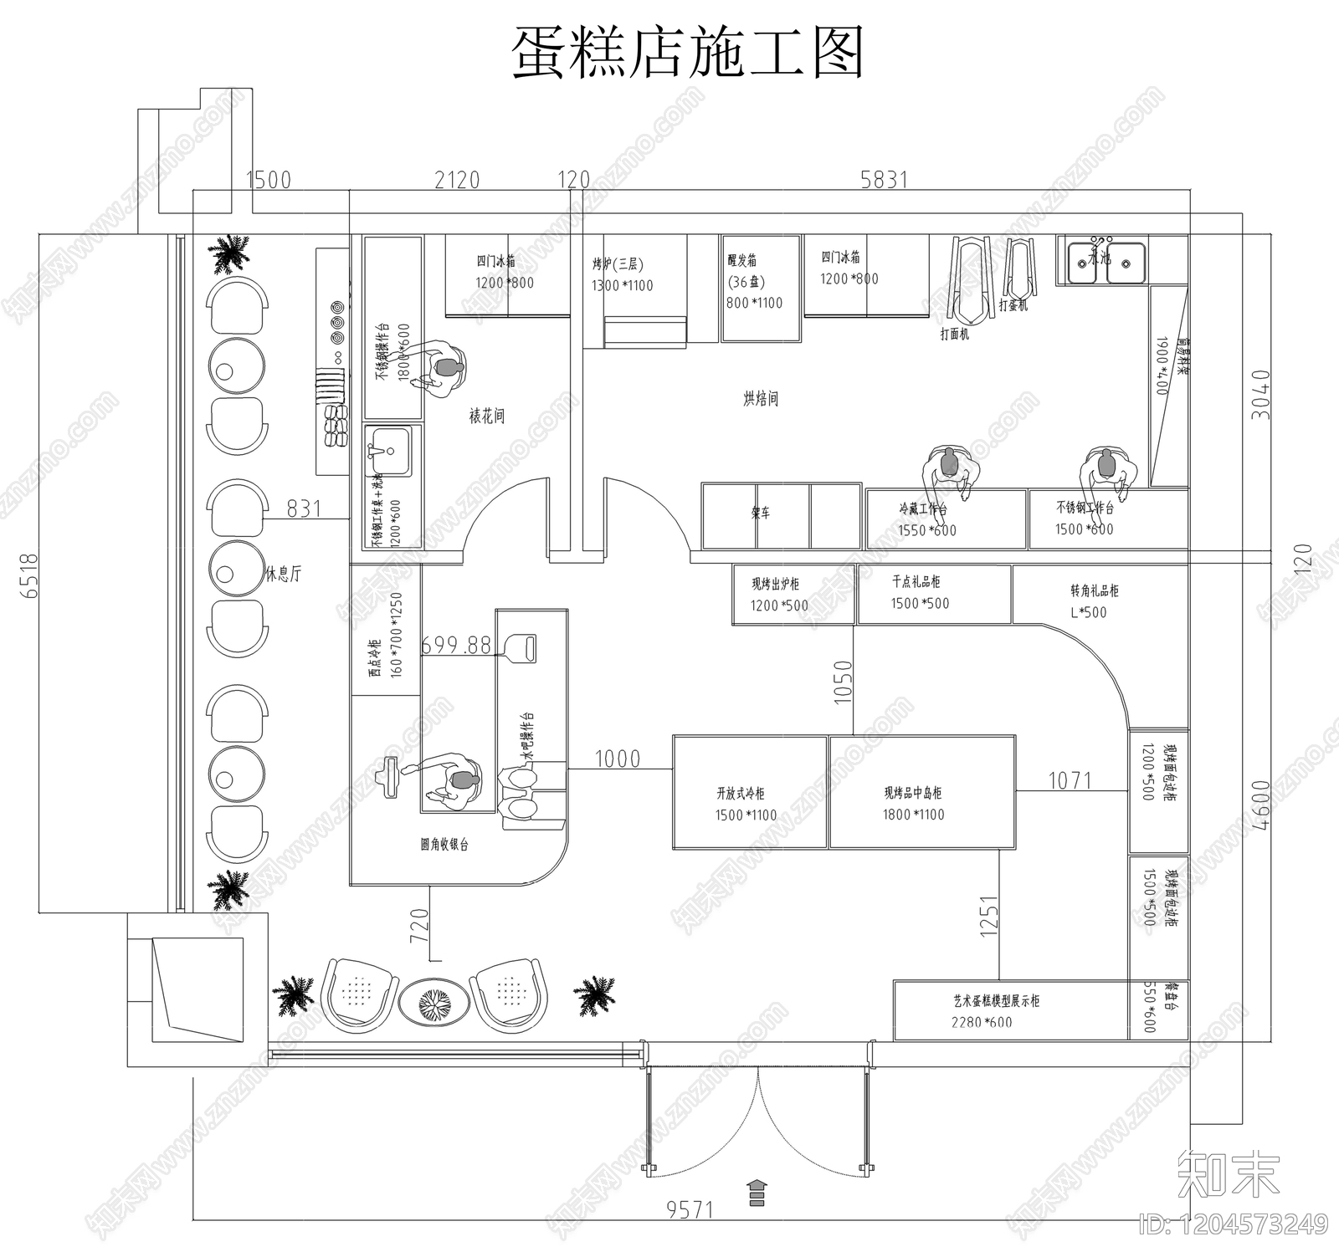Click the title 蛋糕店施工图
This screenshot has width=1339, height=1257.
coord(687,52)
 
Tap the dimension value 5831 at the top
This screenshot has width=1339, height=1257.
coord(884,179)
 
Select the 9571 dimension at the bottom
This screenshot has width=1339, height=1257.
coord(690,1209)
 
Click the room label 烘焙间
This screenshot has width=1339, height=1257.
coord(760,399)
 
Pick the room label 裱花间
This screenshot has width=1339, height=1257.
coord(486,416)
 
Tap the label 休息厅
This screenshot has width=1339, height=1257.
coord(283,575)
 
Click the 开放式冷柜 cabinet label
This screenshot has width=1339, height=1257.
coord(741,793)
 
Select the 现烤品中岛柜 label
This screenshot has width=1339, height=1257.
coord(913,792)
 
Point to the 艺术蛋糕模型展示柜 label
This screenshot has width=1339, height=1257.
coord(996,1000)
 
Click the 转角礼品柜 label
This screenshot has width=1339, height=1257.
coord(1094,590)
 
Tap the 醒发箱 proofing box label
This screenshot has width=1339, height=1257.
coord(742,260)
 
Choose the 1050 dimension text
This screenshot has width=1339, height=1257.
coord(843,682)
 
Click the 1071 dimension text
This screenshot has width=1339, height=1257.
coord(1070,780)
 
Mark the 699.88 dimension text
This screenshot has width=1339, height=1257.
coord(456,645)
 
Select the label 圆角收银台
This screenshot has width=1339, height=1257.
coord(444,845)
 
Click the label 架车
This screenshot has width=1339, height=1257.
coord(760,514)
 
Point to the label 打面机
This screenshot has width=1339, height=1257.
coord(954,334)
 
